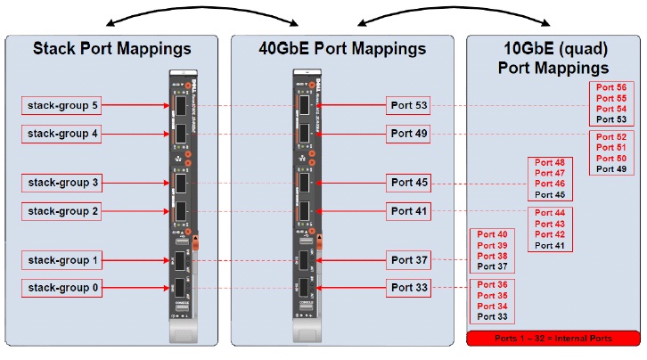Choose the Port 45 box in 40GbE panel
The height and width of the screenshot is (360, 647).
coord(409,183)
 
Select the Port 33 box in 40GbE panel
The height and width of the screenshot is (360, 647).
coord(409,288)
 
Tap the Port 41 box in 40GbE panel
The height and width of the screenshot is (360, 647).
coord(409,212)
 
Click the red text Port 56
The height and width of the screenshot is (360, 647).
coord(611,88)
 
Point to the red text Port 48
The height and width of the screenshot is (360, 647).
coord(548,163)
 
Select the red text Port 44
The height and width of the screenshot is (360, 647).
coord(548,214)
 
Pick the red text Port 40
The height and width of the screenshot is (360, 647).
coord(492,234)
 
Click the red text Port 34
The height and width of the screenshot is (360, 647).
coord(492,306)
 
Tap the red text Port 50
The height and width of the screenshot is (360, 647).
coord(611,158)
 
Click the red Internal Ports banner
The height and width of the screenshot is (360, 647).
coord(553,339)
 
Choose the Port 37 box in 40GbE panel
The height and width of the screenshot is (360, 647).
coord(409,260)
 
